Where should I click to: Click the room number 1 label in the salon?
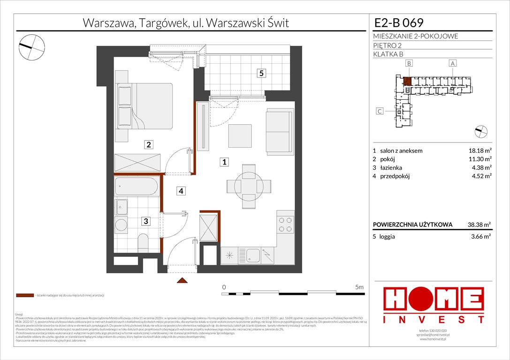click(x=225, y=162)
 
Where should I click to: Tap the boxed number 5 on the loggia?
click(x=261, y=73)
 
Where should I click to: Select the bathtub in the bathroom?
click(x=137, y=187)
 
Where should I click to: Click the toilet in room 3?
click(x=143, y=243)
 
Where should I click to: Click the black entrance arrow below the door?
click(x=182, y=281)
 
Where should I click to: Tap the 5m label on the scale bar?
click(x=360, y=286)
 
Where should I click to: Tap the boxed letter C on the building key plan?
click(x=380, y=111)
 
